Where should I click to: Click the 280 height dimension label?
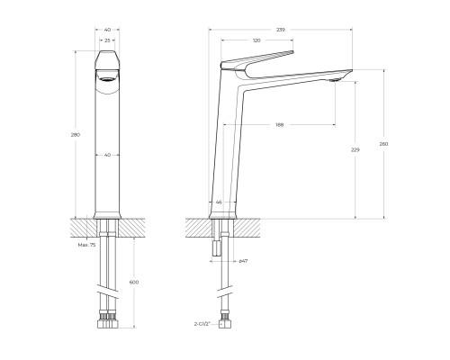76,135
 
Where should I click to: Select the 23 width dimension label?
108,40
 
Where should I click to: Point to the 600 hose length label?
135,283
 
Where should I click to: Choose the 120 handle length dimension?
256,41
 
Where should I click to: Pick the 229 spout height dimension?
356,149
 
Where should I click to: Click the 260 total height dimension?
384,144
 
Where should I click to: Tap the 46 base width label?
219,202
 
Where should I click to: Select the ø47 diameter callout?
243,261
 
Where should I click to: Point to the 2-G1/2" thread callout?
200,322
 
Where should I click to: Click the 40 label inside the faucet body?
108,155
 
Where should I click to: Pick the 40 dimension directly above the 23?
108,30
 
